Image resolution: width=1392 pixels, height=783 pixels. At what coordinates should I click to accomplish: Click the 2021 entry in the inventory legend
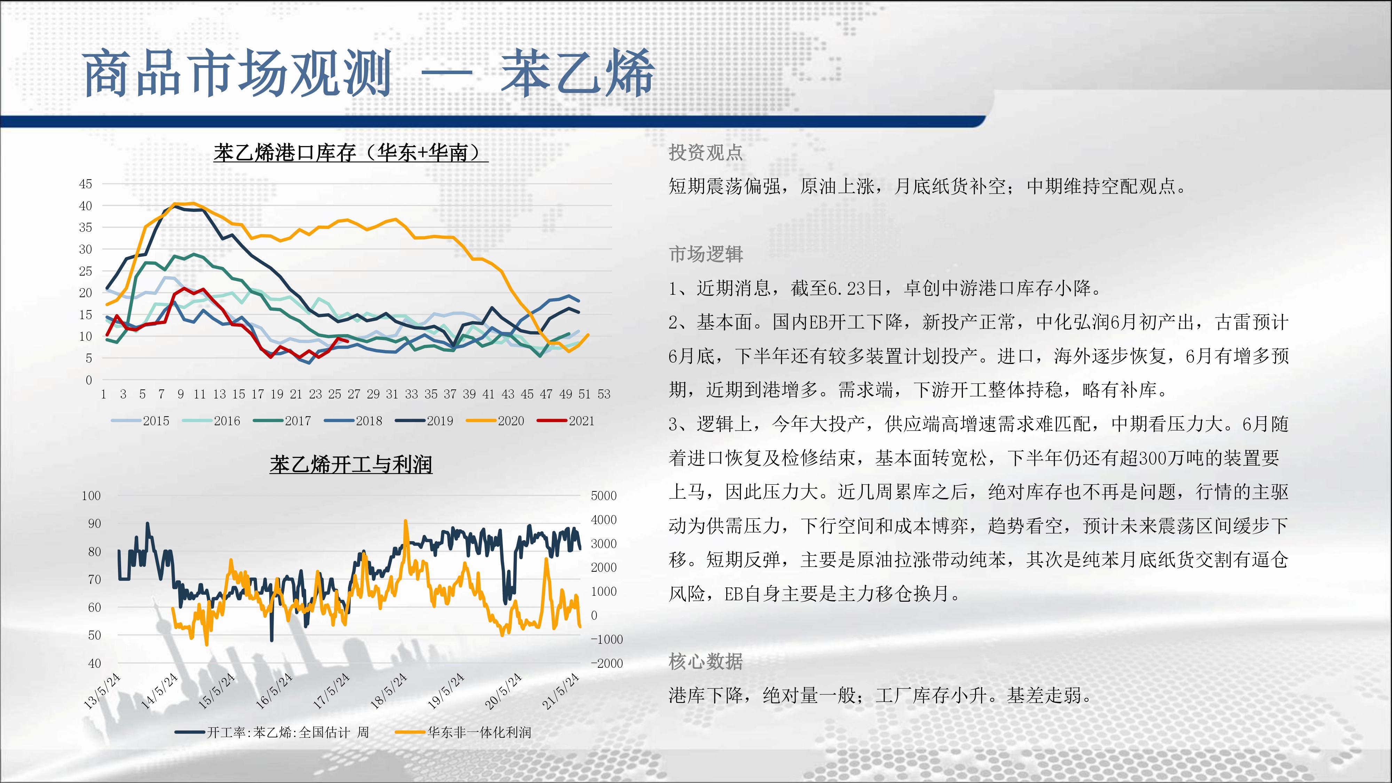click(566, 421)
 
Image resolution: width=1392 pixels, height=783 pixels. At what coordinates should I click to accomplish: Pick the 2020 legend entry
click(495, 421)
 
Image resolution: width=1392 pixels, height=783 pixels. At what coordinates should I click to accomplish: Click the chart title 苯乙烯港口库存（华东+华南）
click(351, 153)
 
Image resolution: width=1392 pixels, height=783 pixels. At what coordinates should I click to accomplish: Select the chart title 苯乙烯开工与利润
click(351, 464)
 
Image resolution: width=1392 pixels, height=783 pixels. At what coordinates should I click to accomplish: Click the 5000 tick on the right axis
click(603, 496)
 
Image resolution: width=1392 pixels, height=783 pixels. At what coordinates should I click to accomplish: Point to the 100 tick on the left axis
click(91, 496)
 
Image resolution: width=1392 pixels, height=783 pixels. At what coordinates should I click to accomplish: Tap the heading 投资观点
click(706, 152)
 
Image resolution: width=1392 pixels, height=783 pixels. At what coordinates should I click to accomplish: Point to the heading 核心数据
click(706, 661)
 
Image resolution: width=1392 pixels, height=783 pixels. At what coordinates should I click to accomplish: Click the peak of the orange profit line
click(406, 520)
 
